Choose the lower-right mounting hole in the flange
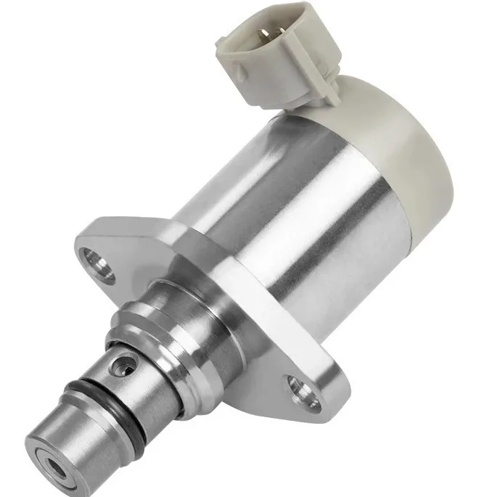297,385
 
